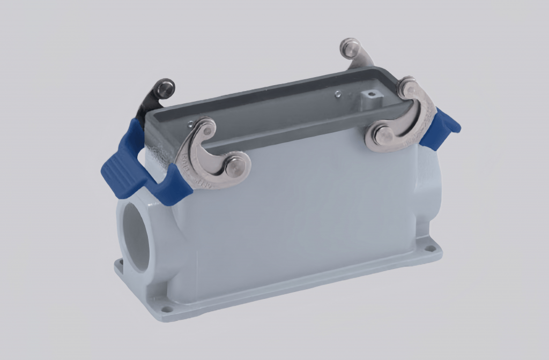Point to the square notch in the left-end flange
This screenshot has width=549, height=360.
(120, 262)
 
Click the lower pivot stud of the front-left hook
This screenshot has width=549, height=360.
(234, 167)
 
